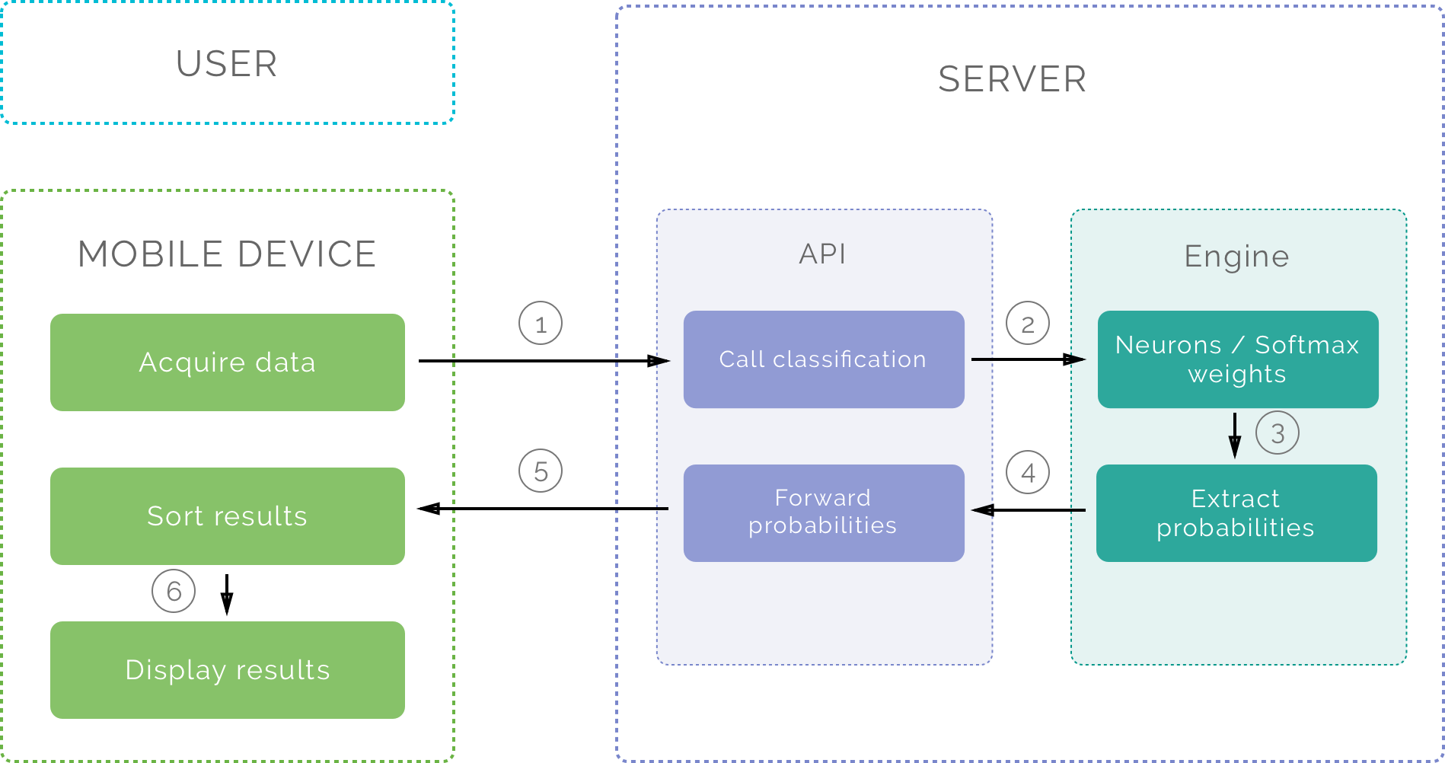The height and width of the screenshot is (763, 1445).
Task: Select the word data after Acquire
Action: point(285,362)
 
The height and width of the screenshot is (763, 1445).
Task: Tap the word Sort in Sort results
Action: point(175,516)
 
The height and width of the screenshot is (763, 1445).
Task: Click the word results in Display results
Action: point(282,670)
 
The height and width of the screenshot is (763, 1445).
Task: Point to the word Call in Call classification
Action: point(742,359)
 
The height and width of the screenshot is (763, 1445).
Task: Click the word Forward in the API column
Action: point(822,498)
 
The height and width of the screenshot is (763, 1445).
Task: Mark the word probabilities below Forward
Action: point(822,525)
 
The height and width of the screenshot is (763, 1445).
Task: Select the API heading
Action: point(822,254)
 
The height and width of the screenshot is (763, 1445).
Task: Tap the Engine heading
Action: point(1236,257)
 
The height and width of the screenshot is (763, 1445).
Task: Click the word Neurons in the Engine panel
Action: point(1168,345)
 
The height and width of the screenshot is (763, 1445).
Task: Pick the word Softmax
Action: point(1306,345)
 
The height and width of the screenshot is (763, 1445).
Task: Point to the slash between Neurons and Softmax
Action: point(1238,345)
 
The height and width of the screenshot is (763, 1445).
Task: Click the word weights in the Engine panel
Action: point(1236,374)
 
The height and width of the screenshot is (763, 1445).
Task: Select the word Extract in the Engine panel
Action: point(1235,499)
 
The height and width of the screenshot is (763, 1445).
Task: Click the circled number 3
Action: point(1277,433)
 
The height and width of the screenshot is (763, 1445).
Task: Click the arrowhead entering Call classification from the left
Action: point(659,361)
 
